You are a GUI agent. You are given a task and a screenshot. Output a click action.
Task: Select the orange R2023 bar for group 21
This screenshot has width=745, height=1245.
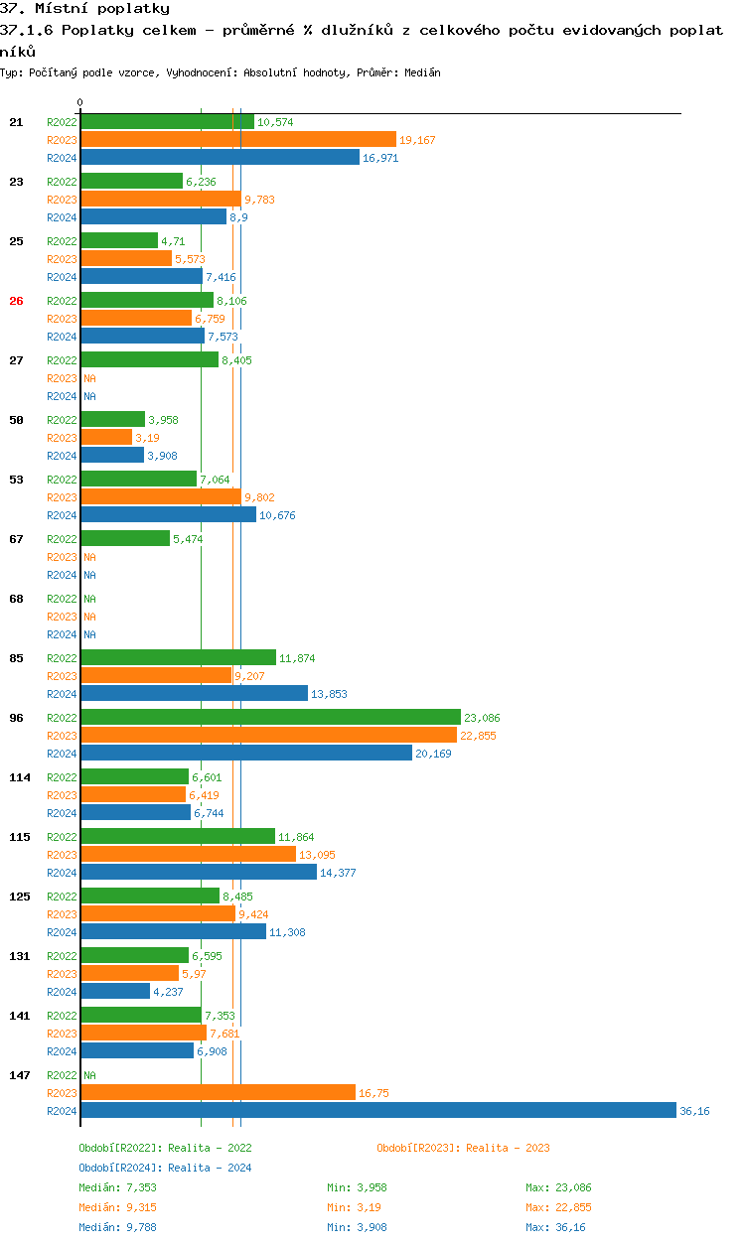click(238, 139)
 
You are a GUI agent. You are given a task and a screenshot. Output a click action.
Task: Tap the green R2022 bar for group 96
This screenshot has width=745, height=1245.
click(270, 717)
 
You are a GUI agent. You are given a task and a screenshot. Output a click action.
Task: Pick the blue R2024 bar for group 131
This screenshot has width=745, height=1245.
click(115, 991)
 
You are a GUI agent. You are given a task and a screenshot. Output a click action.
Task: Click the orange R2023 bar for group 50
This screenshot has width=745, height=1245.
click(106, 437)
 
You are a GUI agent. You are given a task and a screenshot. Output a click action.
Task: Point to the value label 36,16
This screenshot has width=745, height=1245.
click(694, 1111)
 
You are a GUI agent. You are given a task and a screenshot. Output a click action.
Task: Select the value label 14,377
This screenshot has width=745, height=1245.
click(338, 873)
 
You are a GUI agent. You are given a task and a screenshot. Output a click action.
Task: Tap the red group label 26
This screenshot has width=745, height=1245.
click(16, 301)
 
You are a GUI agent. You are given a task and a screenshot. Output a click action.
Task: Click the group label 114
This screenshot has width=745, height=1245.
click(20, 777)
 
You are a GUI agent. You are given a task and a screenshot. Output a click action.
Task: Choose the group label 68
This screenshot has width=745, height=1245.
click(16, 599)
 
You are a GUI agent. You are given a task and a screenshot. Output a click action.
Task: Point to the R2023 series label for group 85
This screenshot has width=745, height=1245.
click(62, 676)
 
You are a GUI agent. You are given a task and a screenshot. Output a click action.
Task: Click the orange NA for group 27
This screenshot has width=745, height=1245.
click(89, 378)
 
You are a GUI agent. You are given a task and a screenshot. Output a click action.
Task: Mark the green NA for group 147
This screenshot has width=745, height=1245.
click(89, 1075)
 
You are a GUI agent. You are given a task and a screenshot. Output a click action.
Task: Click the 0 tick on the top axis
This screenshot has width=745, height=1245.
click(80, 102)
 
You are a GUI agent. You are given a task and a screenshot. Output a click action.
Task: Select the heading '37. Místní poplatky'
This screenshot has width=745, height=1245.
click(85, 9)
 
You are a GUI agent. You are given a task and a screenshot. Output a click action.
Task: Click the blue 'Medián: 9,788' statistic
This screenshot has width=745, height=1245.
click(117, 1227)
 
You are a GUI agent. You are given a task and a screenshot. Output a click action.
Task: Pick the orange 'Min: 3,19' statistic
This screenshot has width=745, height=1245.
click(356, 1207)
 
